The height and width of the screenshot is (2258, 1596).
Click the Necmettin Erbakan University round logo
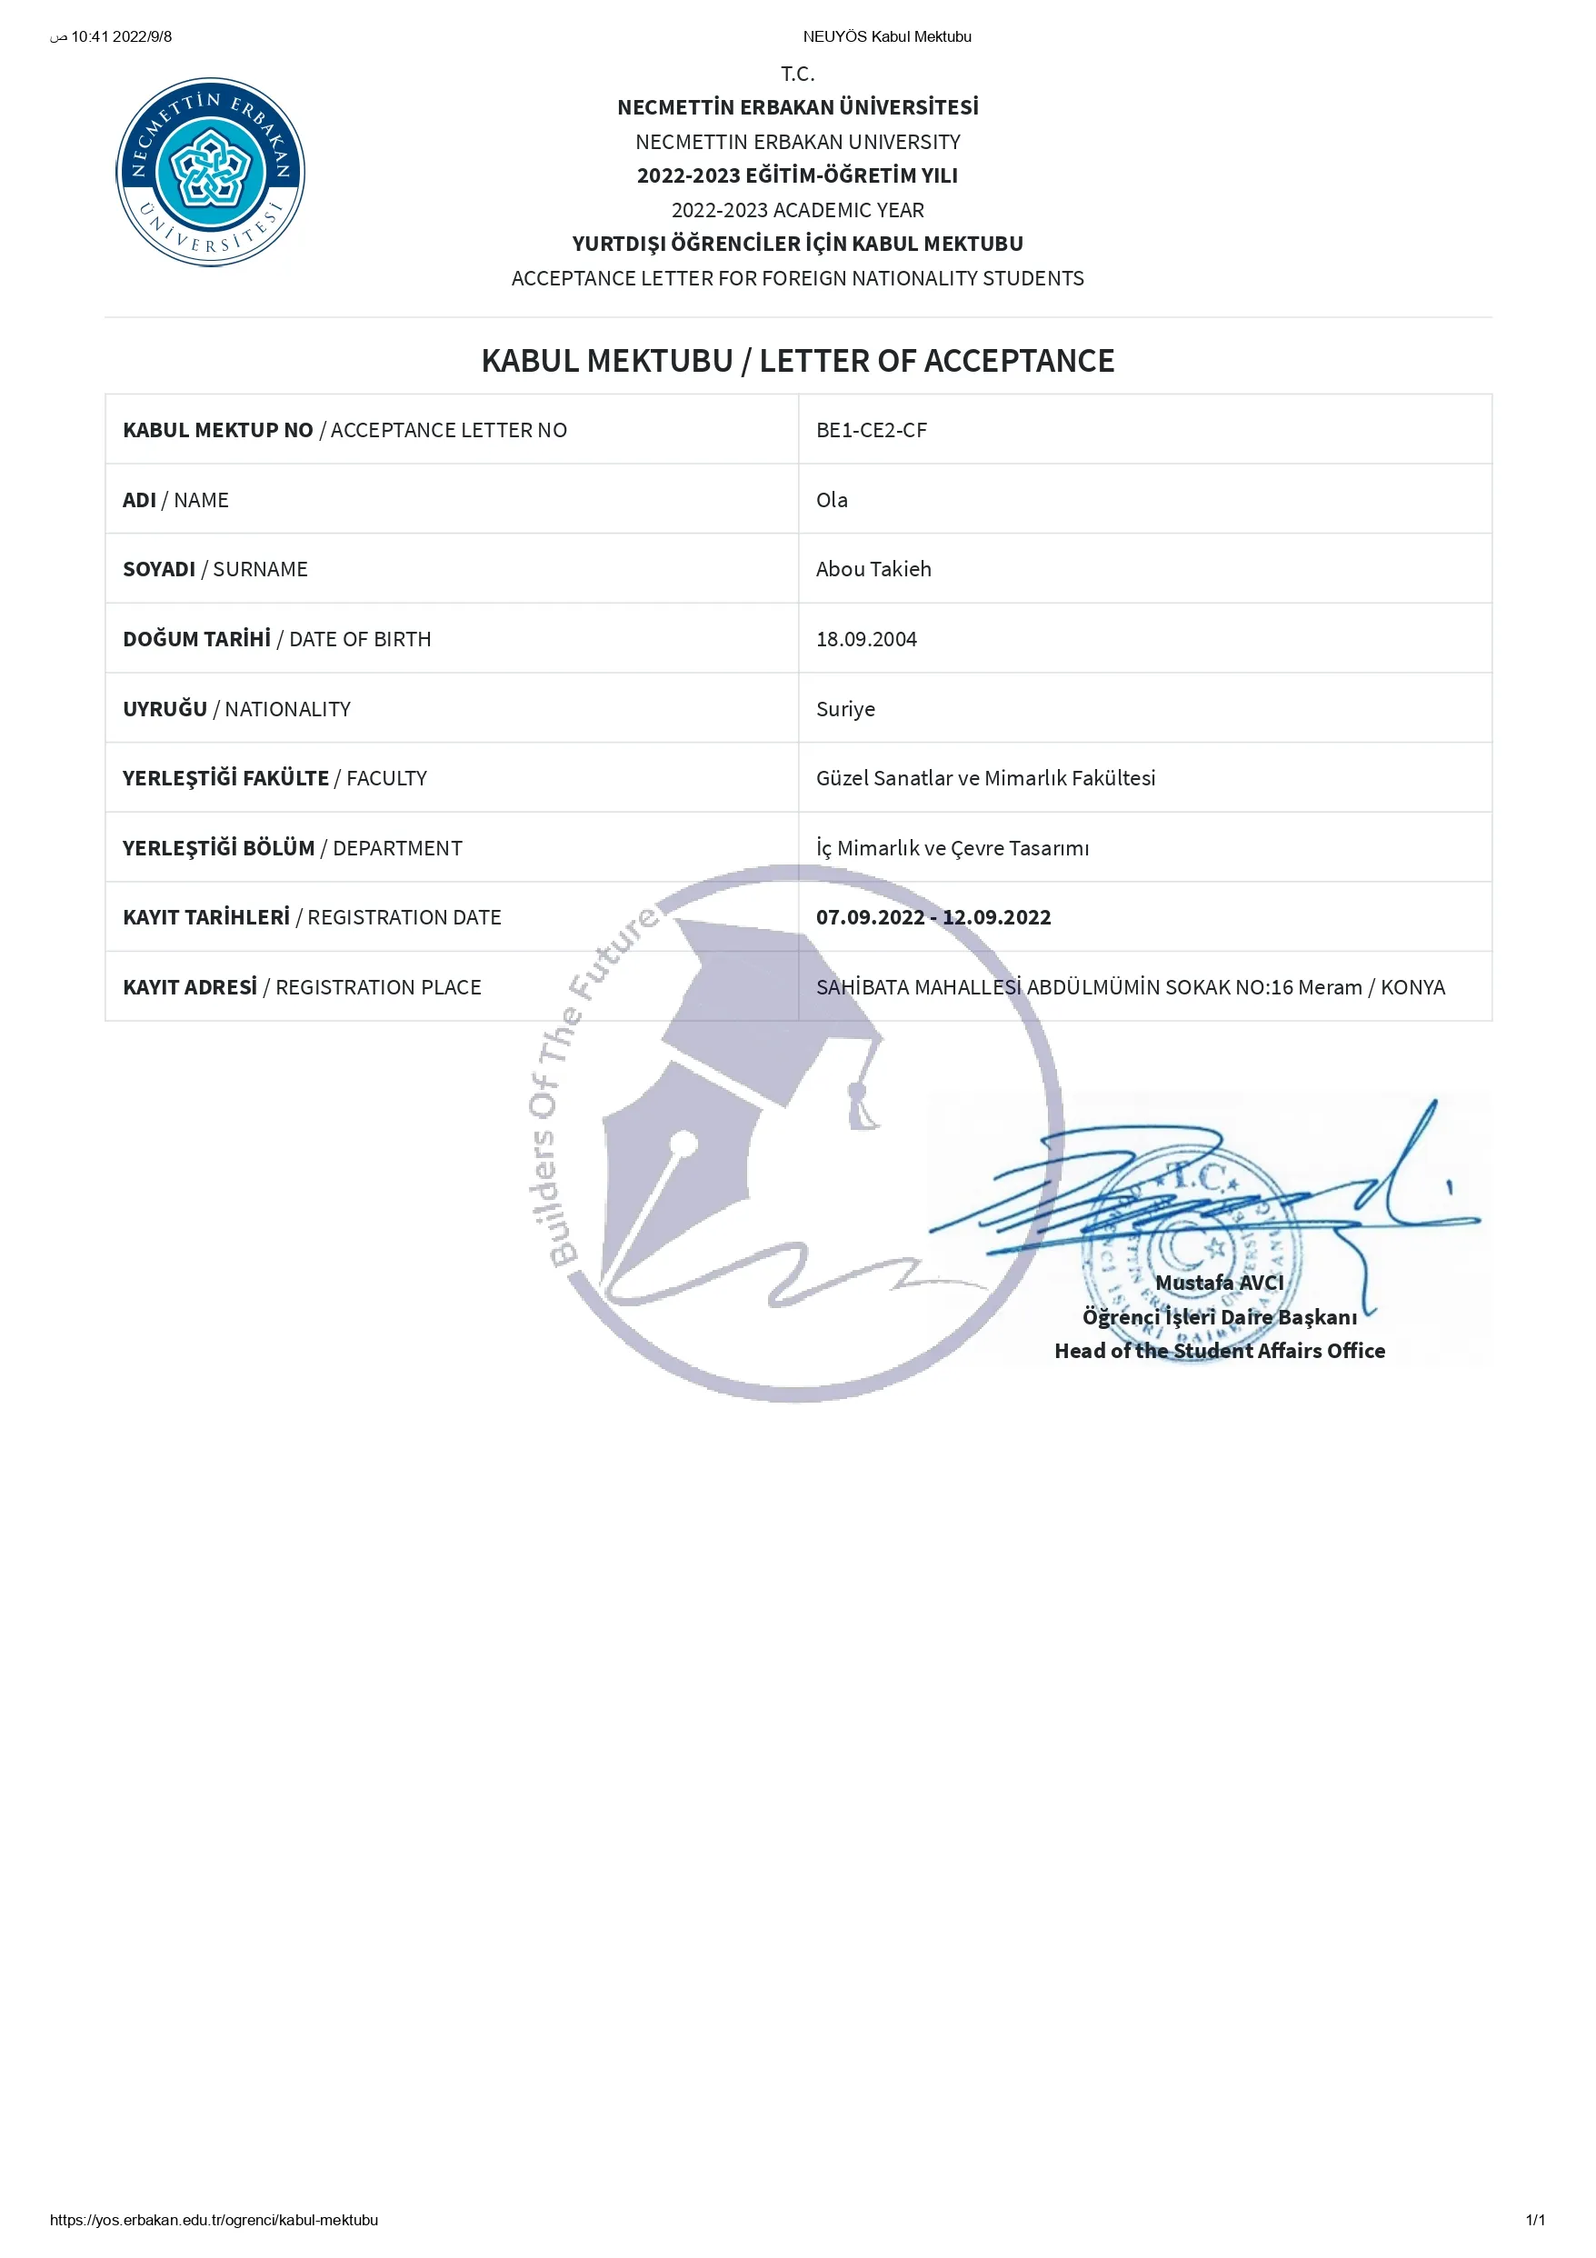pos(211,172)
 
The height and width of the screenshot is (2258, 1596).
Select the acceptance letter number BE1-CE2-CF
pos(872,430)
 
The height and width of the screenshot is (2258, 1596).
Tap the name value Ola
pos(831,500)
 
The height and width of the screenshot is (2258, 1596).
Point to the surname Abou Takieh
pos(873,568)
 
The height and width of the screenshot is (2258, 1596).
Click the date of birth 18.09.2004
pos(865,638)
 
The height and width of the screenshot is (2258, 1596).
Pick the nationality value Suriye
pos(844,708)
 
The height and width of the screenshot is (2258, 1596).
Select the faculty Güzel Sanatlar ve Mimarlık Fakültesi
pos(985,778)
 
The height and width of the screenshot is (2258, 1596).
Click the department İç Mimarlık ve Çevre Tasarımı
pos(952,848)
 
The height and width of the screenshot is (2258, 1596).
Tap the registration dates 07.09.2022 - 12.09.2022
pos(933,916)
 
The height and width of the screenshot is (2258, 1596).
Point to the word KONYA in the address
pos(1412,986)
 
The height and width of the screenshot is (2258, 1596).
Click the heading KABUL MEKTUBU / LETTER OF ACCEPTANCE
pos(797,361)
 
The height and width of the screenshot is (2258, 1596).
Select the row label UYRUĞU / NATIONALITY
pos(236,708)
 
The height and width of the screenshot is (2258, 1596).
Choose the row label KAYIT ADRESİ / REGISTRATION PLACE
pos(302,986)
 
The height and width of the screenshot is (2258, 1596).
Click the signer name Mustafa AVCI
pos(1220,1283)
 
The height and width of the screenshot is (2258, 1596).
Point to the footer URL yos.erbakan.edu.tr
pos(214,2220)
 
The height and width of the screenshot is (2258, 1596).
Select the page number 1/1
pos(1535,2220)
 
